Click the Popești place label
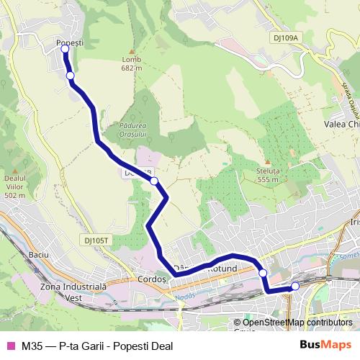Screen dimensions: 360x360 (70, 42)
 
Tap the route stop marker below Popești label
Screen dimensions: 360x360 (65, 49)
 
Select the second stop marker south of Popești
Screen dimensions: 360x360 (70, 75)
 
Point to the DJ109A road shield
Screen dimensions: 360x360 (285, 37)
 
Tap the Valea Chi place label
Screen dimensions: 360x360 (341, 124)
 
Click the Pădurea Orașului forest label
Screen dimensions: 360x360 (130, 129)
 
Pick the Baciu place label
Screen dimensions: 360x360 (37, 256)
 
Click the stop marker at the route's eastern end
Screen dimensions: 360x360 (295, 287)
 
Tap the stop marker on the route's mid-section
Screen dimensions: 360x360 (154, 181)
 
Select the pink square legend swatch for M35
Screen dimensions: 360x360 (10, 346)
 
